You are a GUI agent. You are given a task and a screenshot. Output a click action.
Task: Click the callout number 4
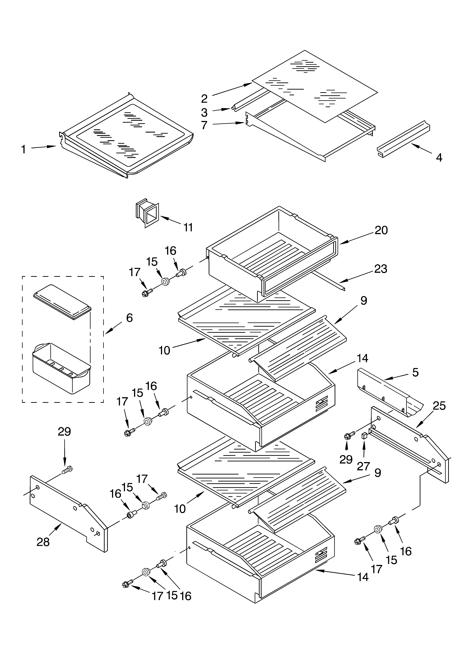pos(439,158)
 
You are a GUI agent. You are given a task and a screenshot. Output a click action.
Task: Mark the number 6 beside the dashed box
pos(129,318)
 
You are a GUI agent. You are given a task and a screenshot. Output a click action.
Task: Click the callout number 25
pos(439,406)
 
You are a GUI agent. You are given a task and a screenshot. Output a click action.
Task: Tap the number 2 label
pos(204,99)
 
